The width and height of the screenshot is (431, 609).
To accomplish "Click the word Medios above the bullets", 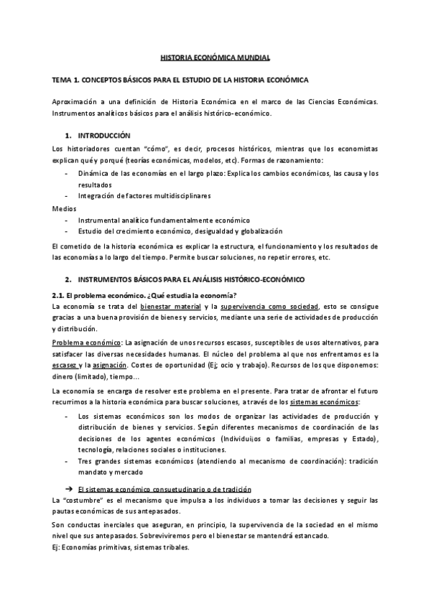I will tap(63, 208).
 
